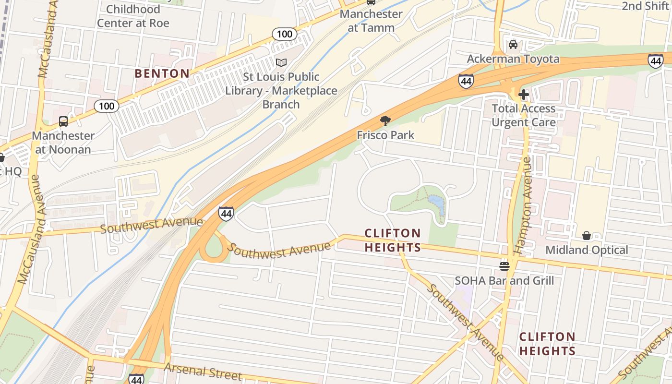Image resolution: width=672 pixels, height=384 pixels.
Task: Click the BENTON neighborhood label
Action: click(x=162, y=73)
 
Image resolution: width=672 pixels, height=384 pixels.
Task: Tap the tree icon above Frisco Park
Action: click(x=385, y=120)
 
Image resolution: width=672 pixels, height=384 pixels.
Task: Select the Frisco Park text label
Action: click(x=385, y=135)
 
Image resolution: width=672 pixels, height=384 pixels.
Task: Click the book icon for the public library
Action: click(x=281, y=63)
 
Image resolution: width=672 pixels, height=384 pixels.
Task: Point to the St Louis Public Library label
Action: click(x=281, y=90)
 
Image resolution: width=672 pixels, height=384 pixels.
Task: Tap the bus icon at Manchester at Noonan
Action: click(x=63, y=121)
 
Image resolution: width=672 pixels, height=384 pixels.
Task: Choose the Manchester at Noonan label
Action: click(x=63, y=143)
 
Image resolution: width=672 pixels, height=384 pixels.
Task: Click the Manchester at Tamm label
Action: click(x=371, y=21)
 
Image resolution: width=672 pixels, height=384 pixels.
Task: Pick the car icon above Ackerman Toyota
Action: click(x=513, y=45)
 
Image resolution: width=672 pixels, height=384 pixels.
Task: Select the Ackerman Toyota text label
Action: click(x=514, y=59)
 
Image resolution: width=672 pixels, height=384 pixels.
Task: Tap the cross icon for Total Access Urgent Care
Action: click(x=524, y=94)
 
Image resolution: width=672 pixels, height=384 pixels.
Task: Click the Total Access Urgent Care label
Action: click(x=524, y=115)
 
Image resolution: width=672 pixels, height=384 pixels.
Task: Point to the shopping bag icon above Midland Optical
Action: click(x=586, y=236)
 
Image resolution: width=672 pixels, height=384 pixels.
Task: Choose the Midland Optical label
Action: click(x=587, y=250)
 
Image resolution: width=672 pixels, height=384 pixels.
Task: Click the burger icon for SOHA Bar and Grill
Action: click(x=504, y=266)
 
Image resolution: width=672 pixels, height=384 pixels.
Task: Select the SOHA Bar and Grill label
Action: click(x=504, y=280)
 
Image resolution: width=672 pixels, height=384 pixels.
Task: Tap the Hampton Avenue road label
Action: click(x=524, y=205)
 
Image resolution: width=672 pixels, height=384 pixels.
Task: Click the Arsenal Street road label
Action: click(x=203, y=371)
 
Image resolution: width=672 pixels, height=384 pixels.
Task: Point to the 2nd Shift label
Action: click(x=645, y=6)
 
